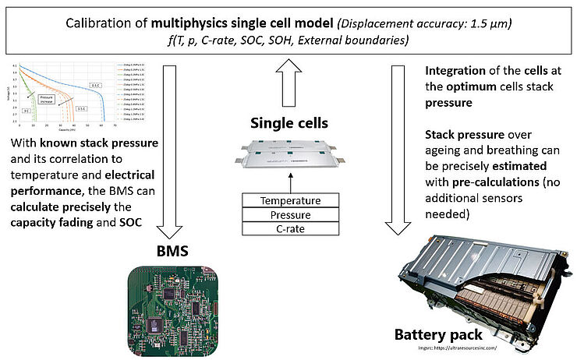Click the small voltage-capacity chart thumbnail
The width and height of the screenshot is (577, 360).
[x=58, y=101]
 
